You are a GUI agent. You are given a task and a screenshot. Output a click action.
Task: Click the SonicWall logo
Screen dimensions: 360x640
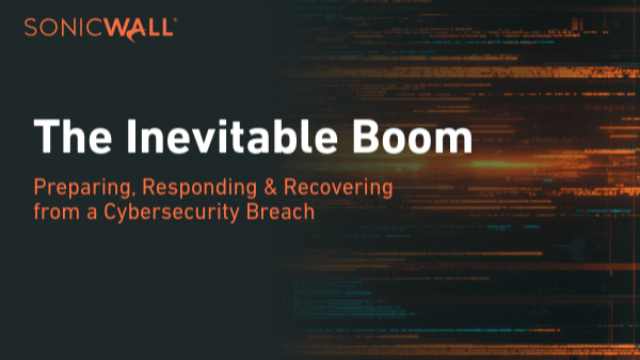click(x=98, y=26)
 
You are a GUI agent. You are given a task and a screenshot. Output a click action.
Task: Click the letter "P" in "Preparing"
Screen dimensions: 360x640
click(x=39, y=186)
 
